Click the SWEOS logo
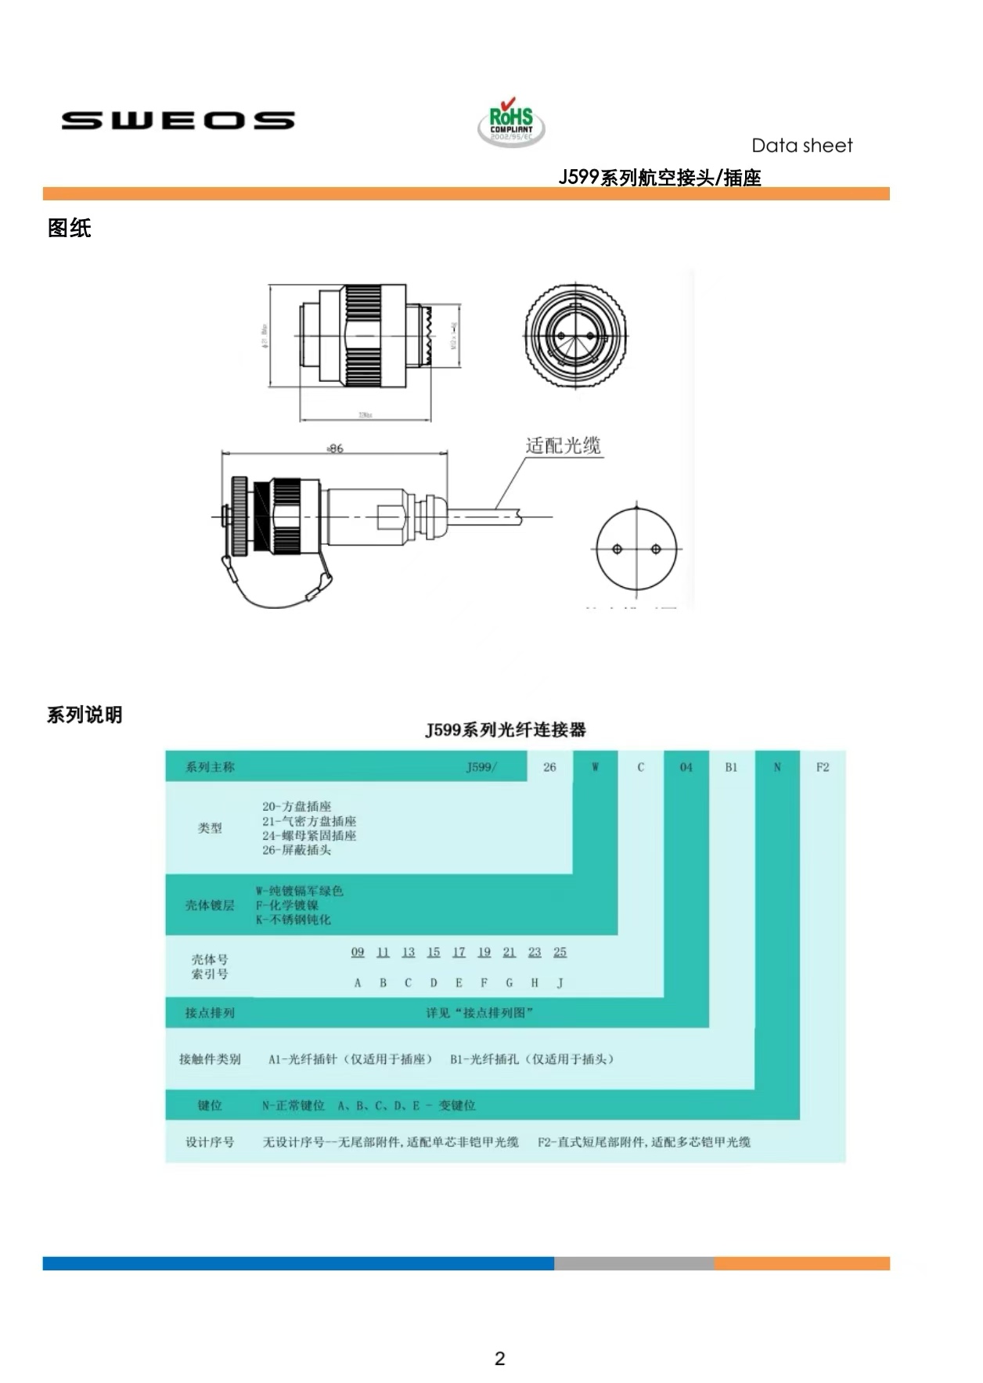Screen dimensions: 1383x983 click(x=178, y=121)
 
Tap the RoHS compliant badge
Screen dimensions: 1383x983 click(x=511, y=124)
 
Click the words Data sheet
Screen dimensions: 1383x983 click(x=801, y=146)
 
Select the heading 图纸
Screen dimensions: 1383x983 click(x=70, y=229)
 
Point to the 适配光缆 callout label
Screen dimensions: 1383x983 click(x=563, y=446)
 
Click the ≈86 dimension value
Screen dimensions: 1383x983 click(x=335, y=448)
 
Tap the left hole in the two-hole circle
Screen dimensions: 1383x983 click(x=618, y=549)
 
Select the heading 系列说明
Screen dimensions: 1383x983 click(x=85, y=715)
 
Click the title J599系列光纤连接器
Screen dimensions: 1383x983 click(x=506, y=730)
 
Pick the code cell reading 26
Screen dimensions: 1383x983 click(x=549, y=767)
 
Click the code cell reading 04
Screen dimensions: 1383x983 click(x=686, y=767)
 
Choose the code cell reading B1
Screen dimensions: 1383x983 click(x=731, y=767)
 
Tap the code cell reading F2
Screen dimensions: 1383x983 click(x=823, y=767)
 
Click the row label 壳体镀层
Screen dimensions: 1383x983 click(x=210, y=906)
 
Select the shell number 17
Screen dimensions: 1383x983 click(x=459, y=953)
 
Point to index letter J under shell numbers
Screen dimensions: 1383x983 click(x=560, y=983)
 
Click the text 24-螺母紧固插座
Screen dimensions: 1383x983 click(x=309, y=836)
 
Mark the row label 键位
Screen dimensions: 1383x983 click(x=210, y=1105)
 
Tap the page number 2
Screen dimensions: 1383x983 click(x=500, y=1359)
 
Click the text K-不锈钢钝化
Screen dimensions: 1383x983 click(x=293, y=920)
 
